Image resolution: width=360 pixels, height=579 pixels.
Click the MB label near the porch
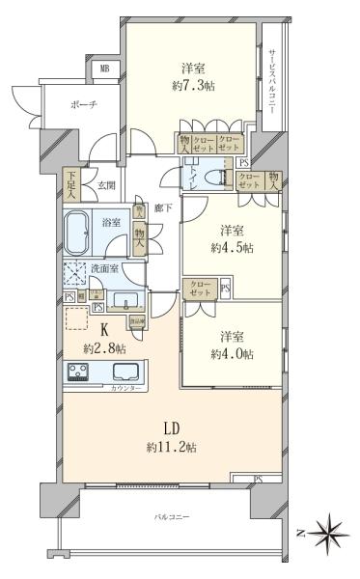click(104, 69)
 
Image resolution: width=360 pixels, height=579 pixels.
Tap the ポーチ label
click(83, 105)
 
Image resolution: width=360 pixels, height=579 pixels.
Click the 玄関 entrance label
click(104, 187)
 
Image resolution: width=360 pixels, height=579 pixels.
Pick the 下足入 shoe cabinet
click(71, 183)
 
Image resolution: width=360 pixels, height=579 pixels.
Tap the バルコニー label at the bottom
click(172, 518)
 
